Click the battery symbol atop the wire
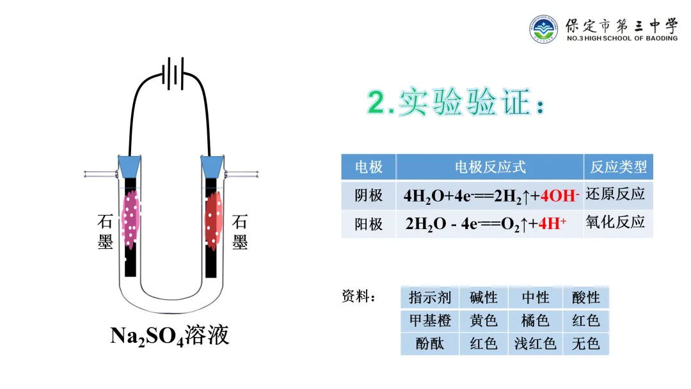pos(170,74)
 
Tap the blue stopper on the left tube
pos(130,166)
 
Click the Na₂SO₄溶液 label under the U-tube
pos(170,335)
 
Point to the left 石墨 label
pos(105,232)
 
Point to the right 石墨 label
pos(240,232)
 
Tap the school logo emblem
pos(544,29)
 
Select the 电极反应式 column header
pos(490,167)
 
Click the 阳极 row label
pos(369,224)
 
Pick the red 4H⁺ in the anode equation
pos(553,224)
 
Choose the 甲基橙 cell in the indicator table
pos(430,320)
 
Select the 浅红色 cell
pos(536,344)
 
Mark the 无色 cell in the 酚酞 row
pos(585,344)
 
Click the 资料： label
pos(359,297)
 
